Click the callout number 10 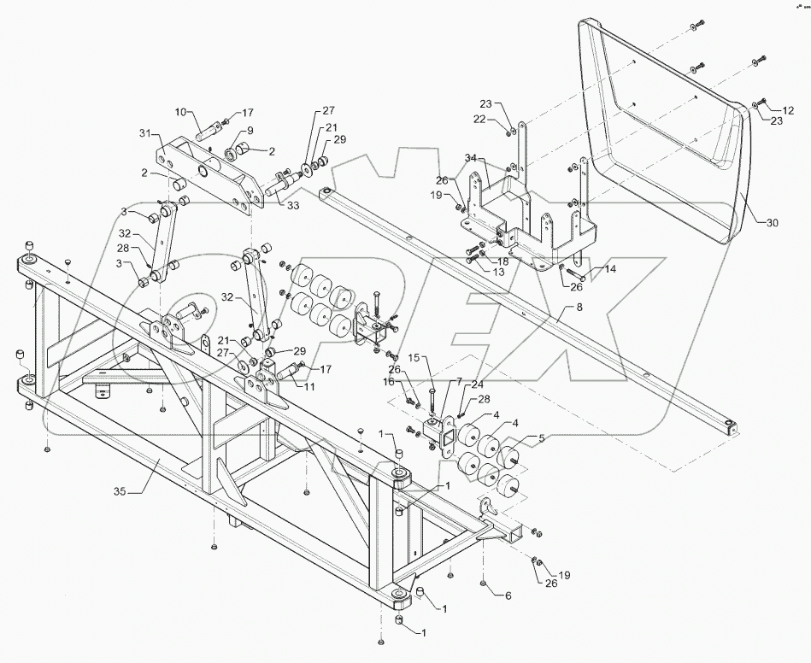(x=179, y=112)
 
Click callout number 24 (x=477, y=384)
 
